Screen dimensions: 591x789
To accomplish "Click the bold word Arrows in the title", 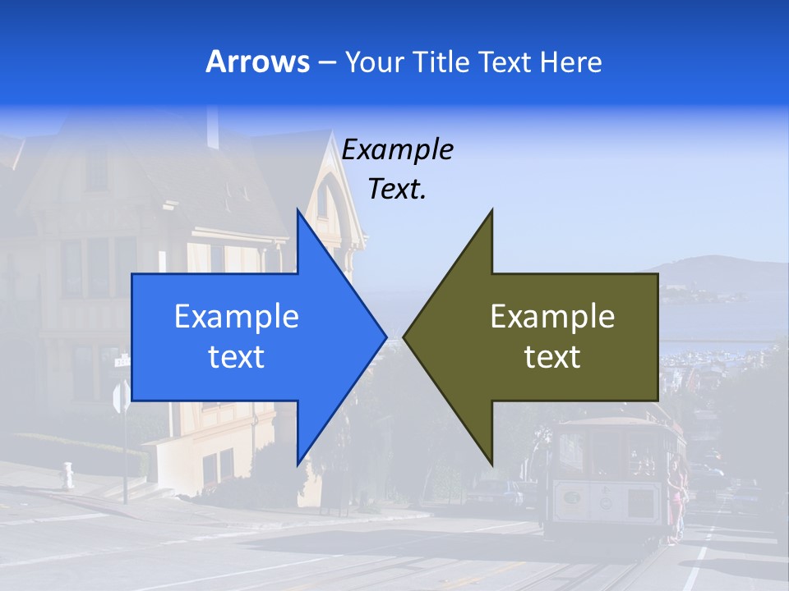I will [257, 62].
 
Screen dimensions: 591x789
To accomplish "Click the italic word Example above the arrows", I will [398, 150].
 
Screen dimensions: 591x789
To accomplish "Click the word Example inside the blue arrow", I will [237, 317].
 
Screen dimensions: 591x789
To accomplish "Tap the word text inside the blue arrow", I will [237, 356].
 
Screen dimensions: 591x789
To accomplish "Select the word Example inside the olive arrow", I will [552, 317].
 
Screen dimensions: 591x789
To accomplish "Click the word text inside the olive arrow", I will [552, 356].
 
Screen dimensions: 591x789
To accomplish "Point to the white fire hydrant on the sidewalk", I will [67, 475].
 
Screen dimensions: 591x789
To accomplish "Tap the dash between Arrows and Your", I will [325, 63].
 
